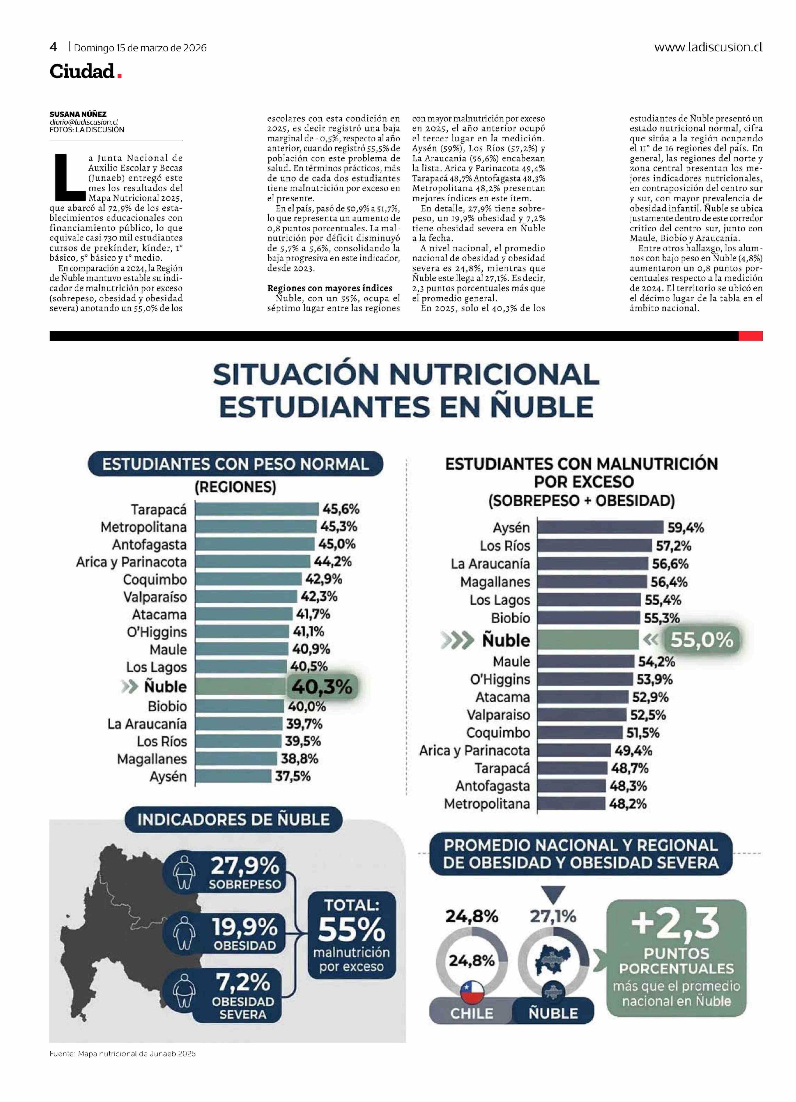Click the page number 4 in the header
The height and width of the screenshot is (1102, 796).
(53, 47)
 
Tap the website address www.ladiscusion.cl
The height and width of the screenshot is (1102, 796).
(708, 47)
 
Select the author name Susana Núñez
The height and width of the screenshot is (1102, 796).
(78, 114)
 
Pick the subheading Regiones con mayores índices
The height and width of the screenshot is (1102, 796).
(329, 288)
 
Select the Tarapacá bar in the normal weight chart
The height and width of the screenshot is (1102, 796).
(256, 509)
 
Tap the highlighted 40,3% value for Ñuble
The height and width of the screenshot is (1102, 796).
(322, 687)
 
